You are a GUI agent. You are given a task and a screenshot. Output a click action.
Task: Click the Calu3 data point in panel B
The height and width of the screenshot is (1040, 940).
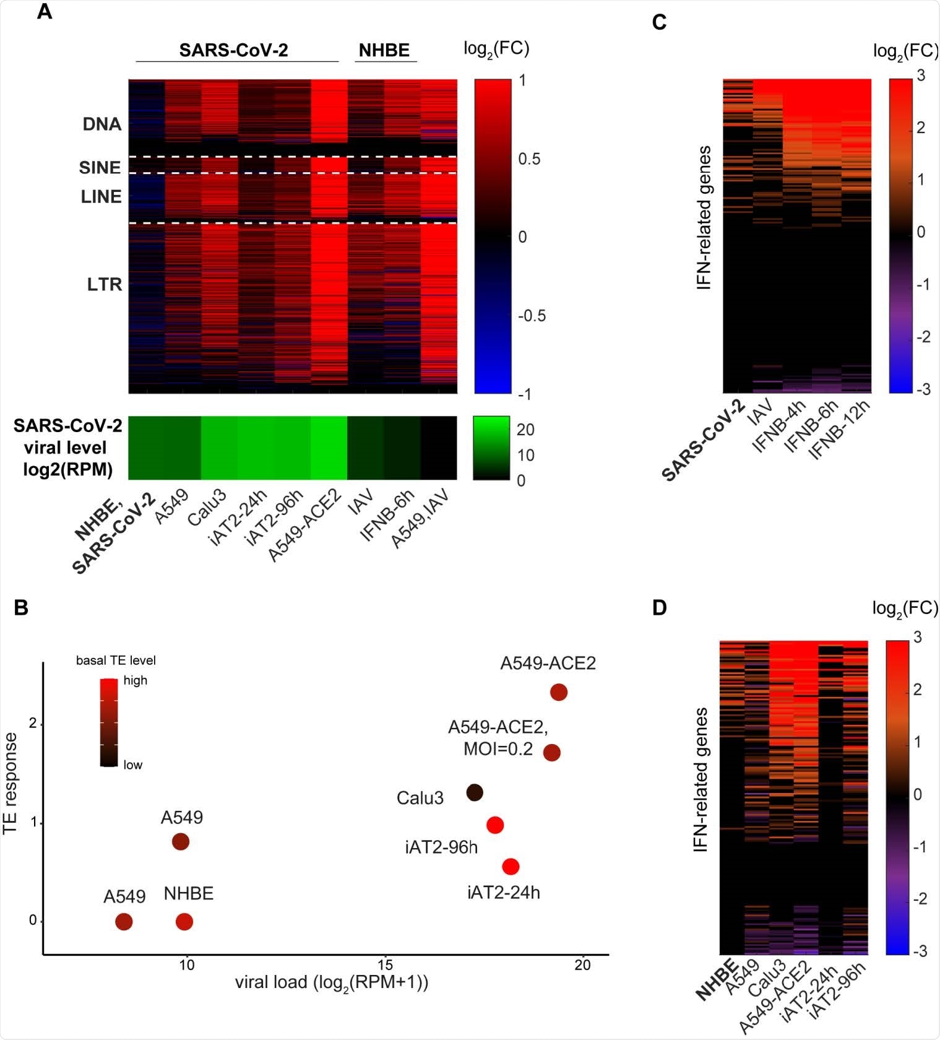(x=475, y=792)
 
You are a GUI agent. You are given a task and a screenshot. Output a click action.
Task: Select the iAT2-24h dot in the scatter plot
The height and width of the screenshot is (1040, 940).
(x=511, y=867)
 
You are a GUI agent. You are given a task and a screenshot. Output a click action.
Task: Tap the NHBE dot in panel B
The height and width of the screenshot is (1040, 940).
(x=184, y=922)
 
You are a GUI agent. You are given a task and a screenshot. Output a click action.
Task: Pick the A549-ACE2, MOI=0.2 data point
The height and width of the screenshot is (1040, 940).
(x=552, y=753)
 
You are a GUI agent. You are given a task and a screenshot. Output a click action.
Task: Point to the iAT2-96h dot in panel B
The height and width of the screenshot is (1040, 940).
(x=495, y=825)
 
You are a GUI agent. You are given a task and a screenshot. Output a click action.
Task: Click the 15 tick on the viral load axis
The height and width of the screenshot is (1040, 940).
(x=385, y=965)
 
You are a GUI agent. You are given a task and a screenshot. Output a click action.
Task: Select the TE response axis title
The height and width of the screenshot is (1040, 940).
(x=10, y=784)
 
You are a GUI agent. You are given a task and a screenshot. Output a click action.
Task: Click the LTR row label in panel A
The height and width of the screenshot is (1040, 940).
(x=104, y=285)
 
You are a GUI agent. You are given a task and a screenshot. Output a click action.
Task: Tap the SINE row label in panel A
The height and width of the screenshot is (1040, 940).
(x=100, y=168)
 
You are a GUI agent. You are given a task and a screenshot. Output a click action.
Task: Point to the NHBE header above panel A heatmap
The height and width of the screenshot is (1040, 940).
(x=384, y=50)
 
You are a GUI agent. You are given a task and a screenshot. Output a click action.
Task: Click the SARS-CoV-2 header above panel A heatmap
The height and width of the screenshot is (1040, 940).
(x=233, y=50)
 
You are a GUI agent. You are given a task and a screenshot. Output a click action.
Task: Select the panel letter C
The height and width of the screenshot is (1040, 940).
(x=659, y=22)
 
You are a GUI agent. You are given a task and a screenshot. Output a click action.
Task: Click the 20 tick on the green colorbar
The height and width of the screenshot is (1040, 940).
(x=525, y=430)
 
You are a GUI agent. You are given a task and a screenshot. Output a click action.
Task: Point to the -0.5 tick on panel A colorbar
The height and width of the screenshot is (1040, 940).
(x=532, y=316)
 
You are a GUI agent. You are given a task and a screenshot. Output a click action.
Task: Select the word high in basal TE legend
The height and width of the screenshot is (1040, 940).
(x=135, y=680)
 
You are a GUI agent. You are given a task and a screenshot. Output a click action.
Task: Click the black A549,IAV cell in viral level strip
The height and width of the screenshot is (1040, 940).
(x=439, y=448)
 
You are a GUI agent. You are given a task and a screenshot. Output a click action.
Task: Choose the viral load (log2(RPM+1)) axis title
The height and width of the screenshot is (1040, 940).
(x=332, y=982)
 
